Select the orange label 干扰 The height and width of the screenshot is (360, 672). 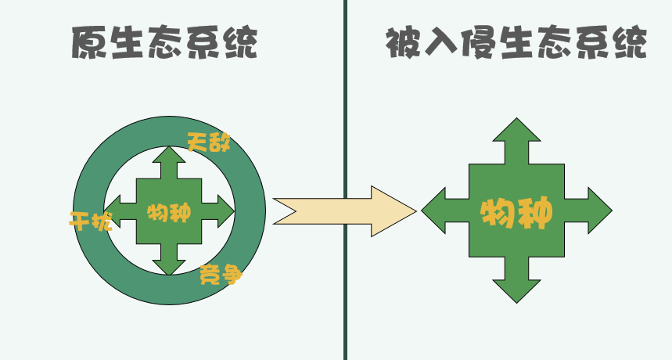pos(91,221)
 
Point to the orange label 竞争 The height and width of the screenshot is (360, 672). pos(220,275)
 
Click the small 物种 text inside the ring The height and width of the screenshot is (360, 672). pos(169,211)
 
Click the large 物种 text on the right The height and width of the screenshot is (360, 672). pos(516,212)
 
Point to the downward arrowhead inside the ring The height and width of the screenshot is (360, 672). pos(169,267)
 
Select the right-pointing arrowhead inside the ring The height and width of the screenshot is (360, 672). pos(225,210)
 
